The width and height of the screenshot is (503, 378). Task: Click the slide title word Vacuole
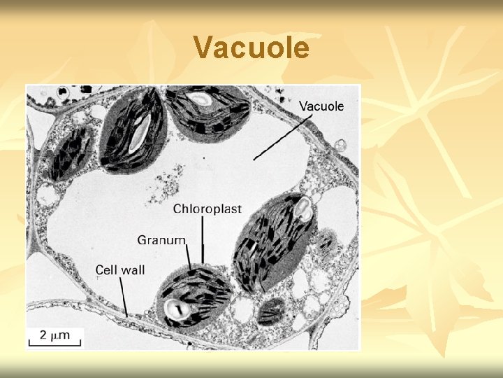coord(251,48)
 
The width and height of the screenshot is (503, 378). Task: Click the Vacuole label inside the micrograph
coord(321,106)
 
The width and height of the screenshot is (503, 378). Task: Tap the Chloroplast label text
coord(207,209)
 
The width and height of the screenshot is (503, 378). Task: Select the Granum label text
coord(161,240)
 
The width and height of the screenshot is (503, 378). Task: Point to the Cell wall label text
coord(119,269)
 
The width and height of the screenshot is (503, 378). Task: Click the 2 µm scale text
coord(55,335)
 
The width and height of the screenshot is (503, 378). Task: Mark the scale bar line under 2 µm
coord(55,344)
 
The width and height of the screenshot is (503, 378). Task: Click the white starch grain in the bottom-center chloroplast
coord(175,307)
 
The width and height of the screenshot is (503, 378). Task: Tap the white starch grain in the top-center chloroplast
coord(202,99)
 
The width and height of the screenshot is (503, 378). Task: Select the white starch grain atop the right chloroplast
coord(303,206)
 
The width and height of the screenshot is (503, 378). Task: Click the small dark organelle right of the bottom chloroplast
coord(270,310)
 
